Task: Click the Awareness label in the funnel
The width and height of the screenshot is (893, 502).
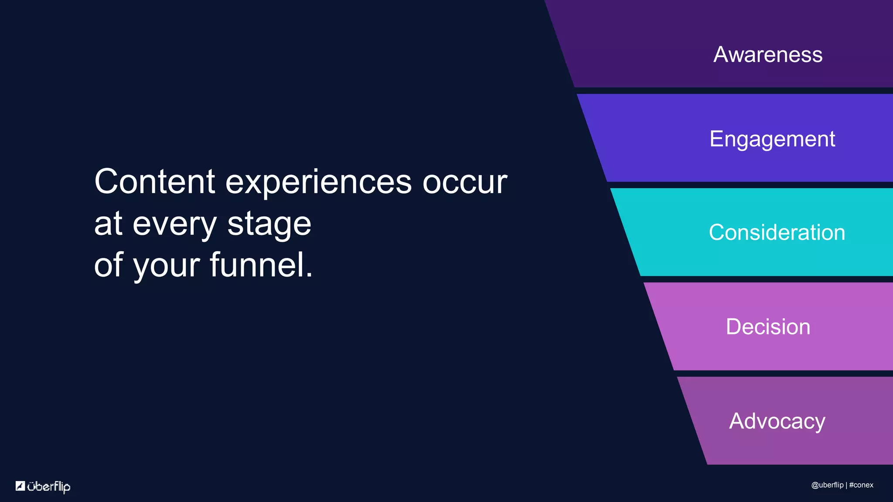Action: [x=767, y=55]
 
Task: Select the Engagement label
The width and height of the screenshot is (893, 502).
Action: [x=772, y=139]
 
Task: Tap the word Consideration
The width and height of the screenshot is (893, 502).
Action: [x=777, y=232]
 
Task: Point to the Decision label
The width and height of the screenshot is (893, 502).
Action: [x=768, y=327]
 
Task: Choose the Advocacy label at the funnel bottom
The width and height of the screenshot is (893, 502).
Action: [x=777, y=421]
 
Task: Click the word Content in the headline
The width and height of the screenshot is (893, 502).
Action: [x=155, y=181]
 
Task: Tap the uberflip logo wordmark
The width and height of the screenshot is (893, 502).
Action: [x=48, y=486]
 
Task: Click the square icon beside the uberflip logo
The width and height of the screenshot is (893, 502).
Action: [x=20, y=485]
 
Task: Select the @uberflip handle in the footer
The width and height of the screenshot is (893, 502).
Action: [x=827, y=485]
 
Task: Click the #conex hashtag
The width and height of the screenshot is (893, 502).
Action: [x=861, y=485]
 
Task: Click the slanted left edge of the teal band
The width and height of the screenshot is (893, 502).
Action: [x=625, y=232]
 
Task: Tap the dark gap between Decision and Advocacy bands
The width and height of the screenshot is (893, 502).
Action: [x=785, y=373]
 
